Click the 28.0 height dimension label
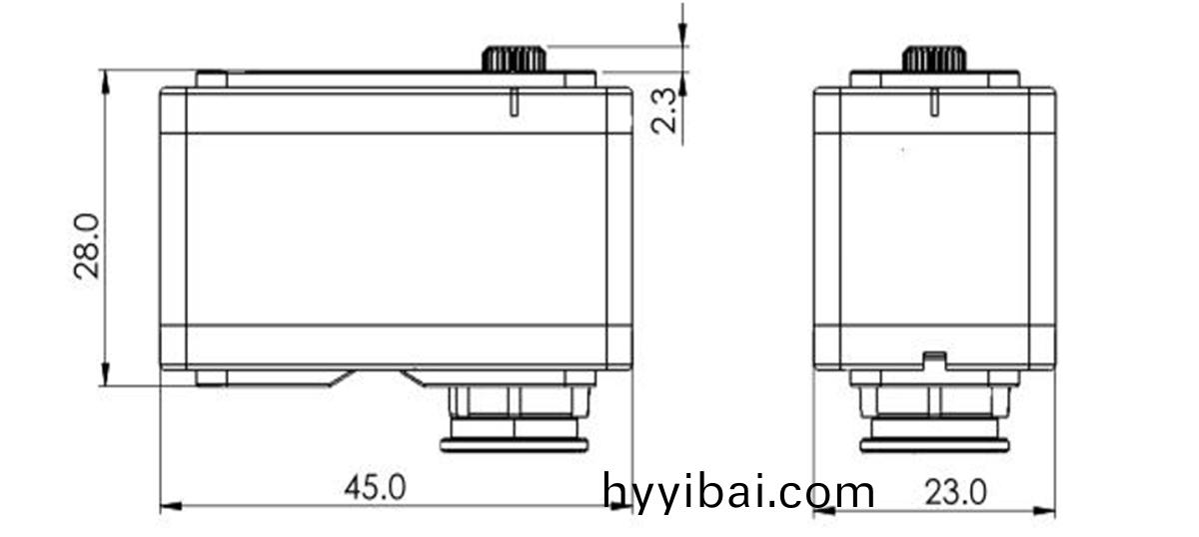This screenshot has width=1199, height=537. click(x=87, y=247)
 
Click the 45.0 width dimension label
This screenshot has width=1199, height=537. click(x=375, y=488)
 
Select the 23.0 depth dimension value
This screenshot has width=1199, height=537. click(x=955, y=493)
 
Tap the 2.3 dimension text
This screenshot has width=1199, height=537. click(x=663, y=110)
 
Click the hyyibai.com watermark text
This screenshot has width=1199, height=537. click(x=738, y=492)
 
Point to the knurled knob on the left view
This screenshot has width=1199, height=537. click(x=514, y=59)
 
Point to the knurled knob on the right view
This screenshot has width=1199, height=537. click(x=934, y=59)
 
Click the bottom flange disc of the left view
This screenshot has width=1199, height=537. click(x=514, y=445)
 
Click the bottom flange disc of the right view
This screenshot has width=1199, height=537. click(x=934, y=445)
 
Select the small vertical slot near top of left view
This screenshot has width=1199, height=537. click(x=514, y=102)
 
